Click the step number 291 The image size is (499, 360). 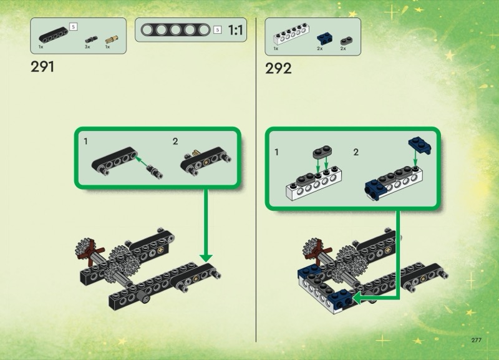[42, 67]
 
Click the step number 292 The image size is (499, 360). [278, 69]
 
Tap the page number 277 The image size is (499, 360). [476, 340]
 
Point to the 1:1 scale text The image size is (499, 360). [236, 30]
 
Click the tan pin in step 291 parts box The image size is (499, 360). [112, 39]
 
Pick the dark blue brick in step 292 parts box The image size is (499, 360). [324, 39]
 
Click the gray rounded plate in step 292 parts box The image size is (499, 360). [346, 41]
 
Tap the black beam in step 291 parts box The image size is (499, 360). [53, 35]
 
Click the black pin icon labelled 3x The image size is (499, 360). [91, 40]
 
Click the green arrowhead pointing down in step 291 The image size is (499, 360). [206, 258]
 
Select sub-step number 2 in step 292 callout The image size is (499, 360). [356, 152]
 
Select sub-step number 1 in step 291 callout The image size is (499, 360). [85, 141]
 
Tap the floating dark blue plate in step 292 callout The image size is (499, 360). [420, 145]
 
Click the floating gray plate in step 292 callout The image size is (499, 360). [322, 152]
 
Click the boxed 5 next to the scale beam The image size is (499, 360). [217, 30]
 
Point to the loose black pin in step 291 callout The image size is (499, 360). [155, 172]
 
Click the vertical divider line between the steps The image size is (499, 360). [256, 180]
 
